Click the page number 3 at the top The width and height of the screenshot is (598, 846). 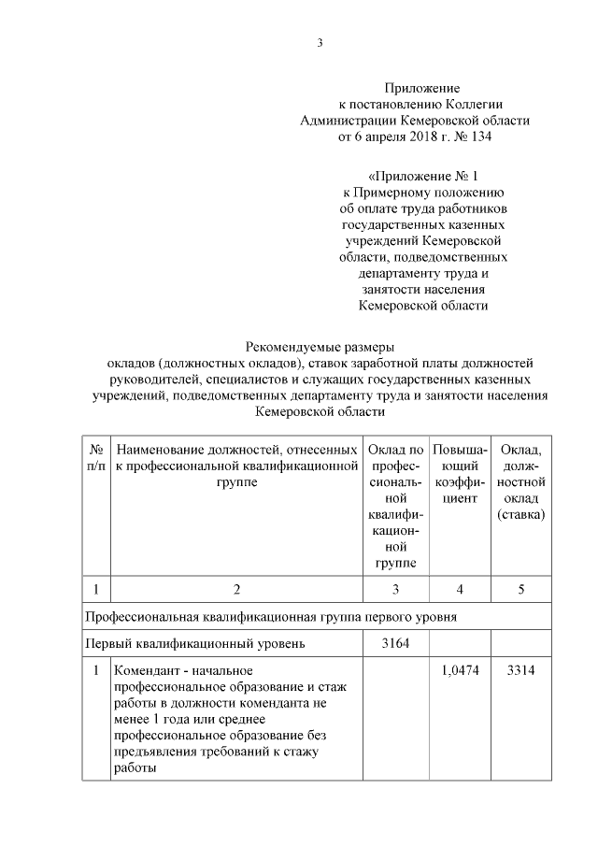320,43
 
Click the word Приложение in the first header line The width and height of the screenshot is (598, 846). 415,86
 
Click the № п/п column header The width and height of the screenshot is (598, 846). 95,458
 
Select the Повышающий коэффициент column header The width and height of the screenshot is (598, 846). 460,474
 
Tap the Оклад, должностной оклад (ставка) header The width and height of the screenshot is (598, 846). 521,482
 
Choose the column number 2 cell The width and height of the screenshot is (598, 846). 236,589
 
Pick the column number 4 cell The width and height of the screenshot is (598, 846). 460,589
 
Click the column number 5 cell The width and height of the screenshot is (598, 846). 521,589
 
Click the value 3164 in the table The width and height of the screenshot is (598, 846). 396,643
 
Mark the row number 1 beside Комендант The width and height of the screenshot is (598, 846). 95,671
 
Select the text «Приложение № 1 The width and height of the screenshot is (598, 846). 423,175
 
